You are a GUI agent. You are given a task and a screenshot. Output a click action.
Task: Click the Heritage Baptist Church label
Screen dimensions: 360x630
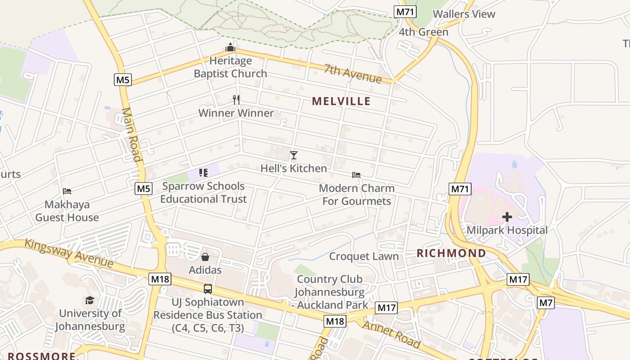click(230, 67)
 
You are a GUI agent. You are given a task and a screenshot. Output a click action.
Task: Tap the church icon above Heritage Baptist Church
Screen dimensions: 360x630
click(230, 47)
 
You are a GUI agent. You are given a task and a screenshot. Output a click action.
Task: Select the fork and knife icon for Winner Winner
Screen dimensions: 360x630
click(236, 99)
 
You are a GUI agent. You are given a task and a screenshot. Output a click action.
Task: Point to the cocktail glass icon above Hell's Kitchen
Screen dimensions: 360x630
click(294, 155)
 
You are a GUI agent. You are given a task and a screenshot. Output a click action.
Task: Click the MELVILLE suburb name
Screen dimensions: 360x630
click(342, 101)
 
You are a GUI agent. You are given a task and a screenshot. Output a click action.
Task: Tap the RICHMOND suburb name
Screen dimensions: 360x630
click(451, 253)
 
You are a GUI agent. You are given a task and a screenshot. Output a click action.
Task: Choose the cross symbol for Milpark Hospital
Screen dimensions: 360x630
click(507, 217)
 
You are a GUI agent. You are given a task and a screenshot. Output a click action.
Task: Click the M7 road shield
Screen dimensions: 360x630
click(546, 303)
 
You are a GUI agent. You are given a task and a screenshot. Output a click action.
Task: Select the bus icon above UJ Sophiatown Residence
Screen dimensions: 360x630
click(207, 289)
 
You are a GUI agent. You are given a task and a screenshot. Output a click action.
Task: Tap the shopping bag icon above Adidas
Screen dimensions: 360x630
click(205, 257)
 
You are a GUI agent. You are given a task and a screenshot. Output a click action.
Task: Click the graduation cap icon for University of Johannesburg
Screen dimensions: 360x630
click(90, 300)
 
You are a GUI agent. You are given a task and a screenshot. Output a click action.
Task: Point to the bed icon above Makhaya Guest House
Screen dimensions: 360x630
click(67, 191)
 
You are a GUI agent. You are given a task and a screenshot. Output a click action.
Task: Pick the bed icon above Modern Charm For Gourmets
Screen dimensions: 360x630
click(356, 175)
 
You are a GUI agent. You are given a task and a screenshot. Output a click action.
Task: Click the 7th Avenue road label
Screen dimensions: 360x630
click(353, 74)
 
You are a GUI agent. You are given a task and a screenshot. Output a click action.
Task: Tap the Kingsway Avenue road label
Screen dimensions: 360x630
click(68, 253)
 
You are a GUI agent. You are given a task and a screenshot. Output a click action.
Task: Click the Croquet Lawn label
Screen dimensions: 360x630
click(364, 256)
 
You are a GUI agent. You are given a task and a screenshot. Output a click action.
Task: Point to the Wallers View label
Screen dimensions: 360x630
click(464, 14)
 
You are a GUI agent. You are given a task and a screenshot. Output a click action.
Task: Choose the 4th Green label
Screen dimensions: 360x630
click(423, 32)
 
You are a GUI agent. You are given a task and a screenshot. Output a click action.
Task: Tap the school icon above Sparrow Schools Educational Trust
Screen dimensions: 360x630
click(203, 173)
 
